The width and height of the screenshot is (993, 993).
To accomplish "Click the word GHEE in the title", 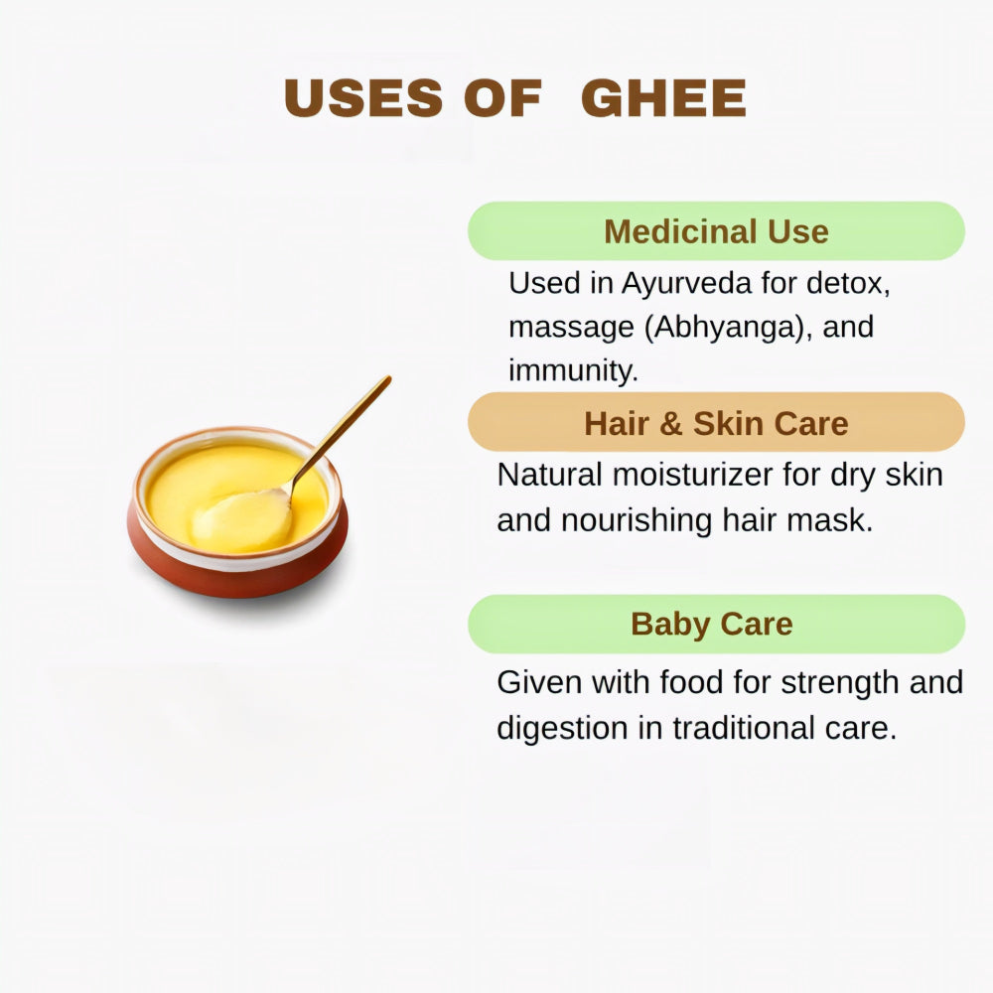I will tap(663, 98).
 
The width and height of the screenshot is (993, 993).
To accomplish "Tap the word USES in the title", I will tap(363, 98).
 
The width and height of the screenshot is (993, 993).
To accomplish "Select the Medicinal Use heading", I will tap(716, 231).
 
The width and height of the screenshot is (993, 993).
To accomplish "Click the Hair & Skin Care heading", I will tap(716, 423).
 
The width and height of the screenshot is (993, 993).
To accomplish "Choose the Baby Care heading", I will tap(712, 624).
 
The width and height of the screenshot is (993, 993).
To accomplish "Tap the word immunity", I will tap(572, 370).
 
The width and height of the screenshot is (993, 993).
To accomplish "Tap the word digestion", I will tap(563, 729).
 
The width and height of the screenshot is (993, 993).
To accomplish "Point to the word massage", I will tap(571, 327).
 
